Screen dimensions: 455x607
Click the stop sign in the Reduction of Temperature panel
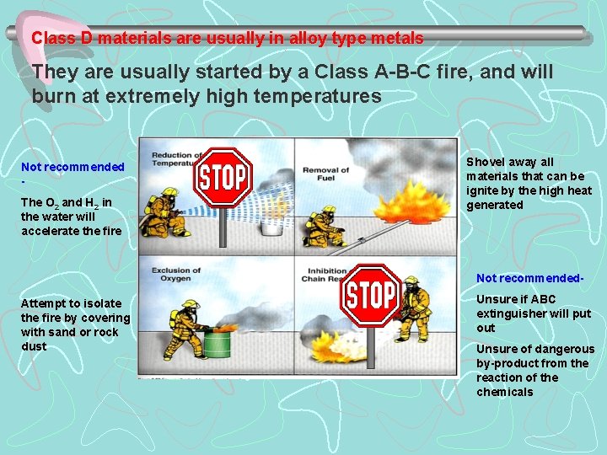point(223,178)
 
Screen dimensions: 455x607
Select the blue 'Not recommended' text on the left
point(73,168)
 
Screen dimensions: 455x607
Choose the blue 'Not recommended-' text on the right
point(529,278)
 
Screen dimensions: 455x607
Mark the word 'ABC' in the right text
point(544,299)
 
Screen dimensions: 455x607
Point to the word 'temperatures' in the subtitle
point(325,96)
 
